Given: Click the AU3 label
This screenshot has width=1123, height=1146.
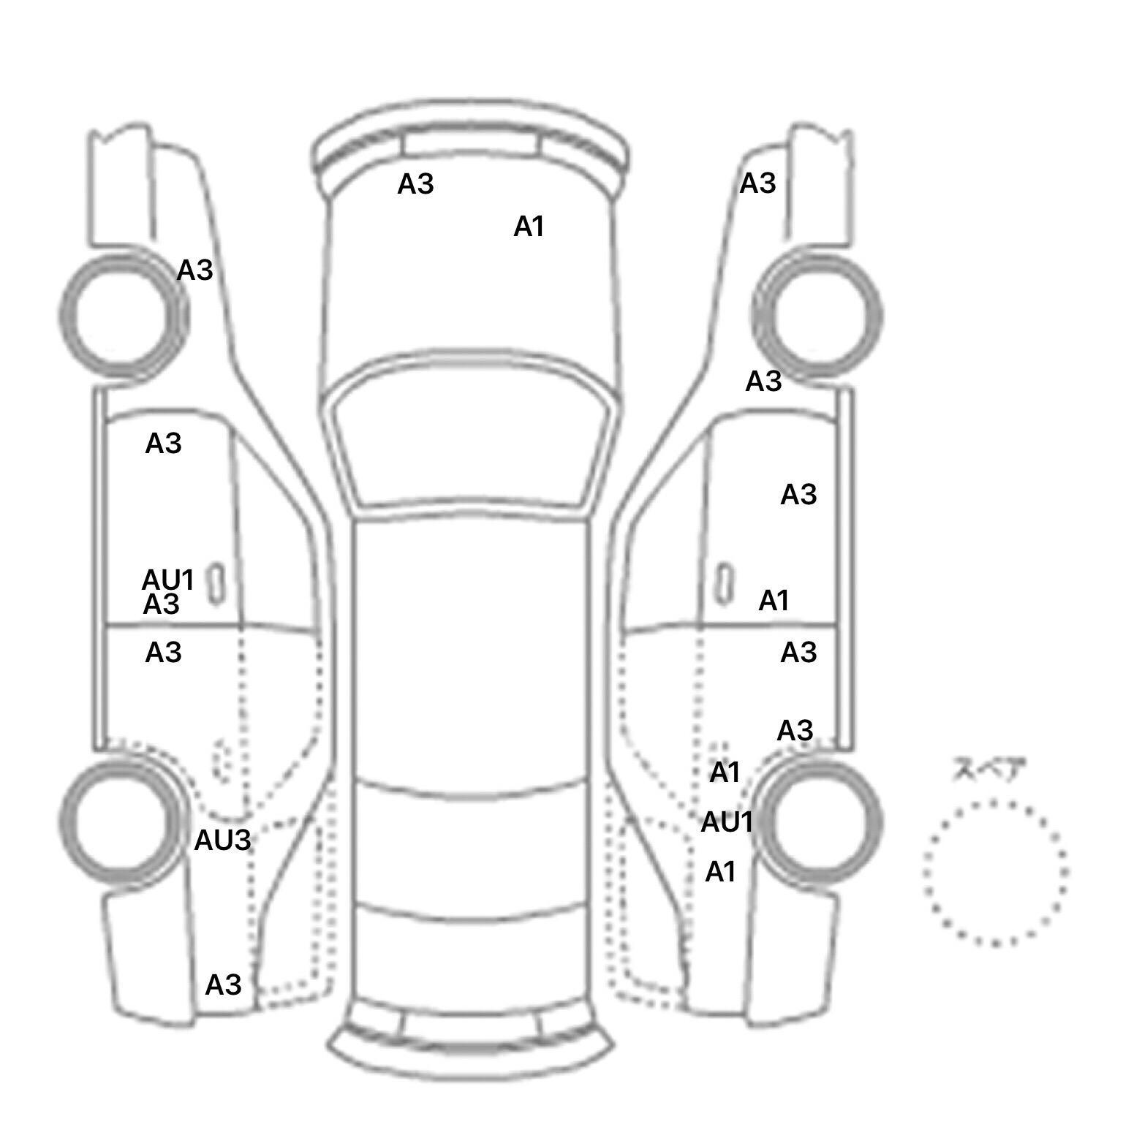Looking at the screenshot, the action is tap(222, 840).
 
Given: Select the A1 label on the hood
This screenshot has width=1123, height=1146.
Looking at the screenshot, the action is tap(529, 227).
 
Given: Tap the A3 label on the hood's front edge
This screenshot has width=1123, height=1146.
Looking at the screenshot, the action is tap(415, 184).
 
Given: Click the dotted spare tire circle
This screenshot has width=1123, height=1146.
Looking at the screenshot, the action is tap(995, 873).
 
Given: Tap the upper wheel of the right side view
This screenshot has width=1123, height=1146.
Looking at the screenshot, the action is tap(817, 316).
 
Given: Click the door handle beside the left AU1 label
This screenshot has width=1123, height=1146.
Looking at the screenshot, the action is tap(216, 583).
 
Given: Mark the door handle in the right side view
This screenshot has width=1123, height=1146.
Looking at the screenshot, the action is tap(724, 583).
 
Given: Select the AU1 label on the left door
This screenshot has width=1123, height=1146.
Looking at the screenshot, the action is tap(167, 580).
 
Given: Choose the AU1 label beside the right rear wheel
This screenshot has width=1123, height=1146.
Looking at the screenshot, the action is tap(727, 822).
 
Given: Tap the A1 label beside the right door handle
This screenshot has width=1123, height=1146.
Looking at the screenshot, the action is tap(774, 601).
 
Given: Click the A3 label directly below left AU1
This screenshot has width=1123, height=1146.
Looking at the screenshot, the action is tap(161, 605).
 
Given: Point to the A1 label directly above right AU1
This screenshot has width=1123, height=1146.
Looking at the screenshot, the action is tap(725, 772).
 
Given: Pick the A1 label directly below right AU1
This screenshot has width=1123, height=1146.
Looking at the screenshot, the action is tap(720, 872).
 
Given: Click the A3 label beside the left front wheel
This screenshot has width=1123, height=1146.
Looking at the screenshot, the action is tap(194, 270).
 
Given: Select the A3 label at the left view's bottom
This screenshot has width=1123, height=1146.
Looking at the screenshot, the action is tap(223, 985).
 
